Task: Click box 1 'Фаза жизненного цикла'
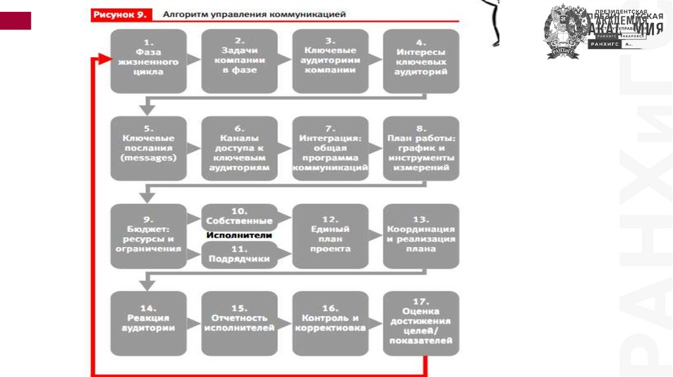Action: point(148,60)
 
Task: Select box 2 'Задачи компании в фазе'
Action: point(239,60)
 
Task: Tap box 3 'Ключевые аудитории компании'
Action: point(330,60)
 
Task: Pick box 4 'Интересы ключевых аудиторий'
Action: point(421,60)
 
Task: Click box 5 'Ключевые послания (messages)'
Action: point(148,148)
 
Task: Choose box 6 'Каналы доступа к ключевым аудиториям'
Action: point(239,148)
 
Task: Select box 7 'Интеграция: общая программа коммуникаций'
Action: point(330,148)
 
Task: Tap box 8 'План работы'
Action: point(421,148)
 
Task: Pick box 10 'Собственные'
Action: point(239,216)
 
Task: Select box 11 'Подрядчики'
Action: point(239,254)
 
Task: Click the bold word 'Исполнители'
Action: point(239,235)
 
